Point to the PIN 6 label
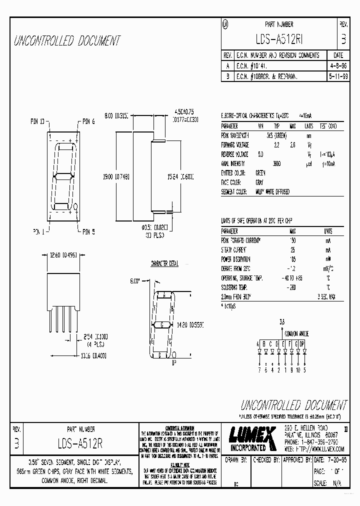pos(88,121)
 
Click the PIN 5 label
pos(88,232)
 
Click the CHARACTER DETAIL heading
pos(164,263)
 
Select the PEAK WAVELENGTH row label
pos(235,136)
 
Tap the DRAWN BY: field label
pos(236,459)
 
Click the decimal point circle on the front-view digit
pos(75,206)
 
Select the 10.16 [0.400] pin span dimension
pos(61,355)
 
